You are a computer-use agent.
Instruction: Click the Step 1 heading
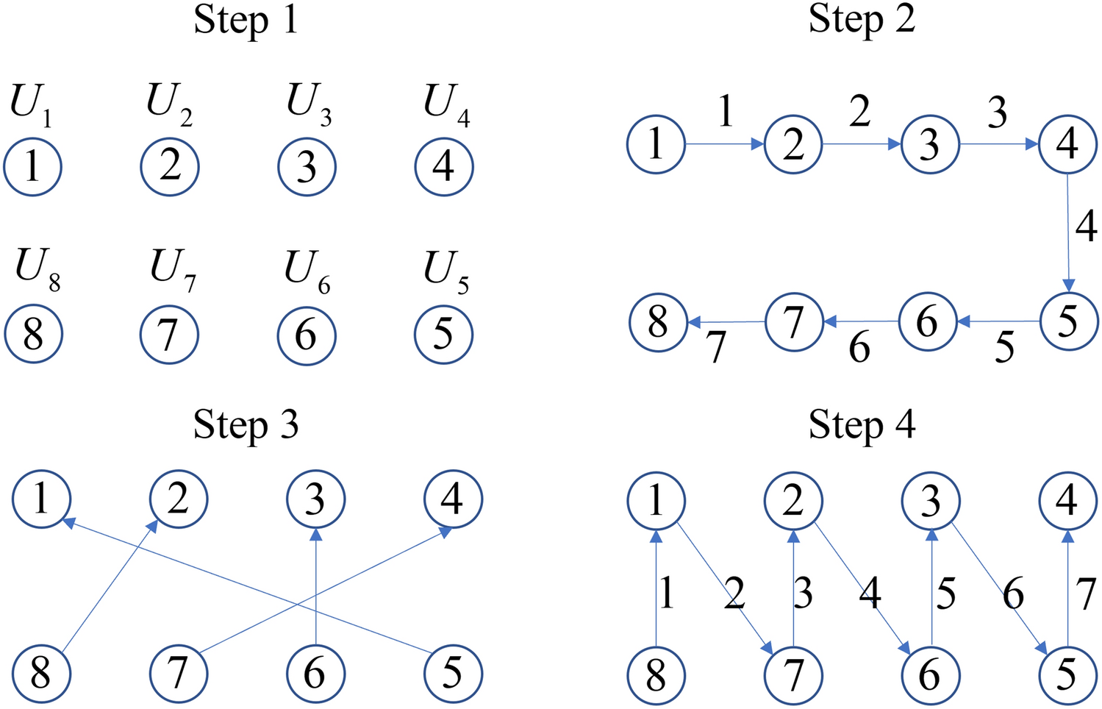click(246, 21)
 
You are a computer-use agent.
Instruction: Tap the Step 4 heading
click(862, 426)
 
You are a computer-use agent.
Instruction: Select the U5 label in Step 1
click(446, 271)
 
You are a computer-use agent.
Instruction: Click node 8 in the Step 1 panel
click(33, 334)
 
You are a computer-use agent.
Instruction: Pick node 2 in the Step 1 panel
click(170, 166)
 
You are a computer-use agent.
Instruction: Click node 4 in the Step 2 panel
click(1067, 144)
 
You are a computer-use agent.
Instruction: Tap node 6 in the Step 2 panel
click(928, 321)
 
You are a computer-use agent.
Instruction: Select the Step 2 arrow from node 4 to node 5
click(1067, 232)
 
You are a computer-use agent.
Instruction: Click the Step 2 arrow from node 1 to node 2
click(725, 144)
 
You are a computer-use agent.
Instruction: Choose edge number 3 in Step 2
click(997, 113)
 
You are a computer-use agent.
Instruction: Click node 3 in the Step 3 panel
click(315, 500)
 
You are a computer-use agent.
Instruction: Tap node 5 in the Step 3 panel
click(453, 672)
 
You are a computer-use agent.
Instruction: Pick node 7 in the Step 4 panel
click(792, 674)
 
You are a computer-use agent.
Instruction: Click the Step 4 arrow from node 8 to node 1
click(656, 588)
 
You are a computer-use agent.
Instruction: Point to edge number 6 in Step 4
click(1013, 593)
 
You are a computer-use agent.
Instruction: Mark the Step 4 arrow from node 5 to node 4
click(1067, 588)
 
